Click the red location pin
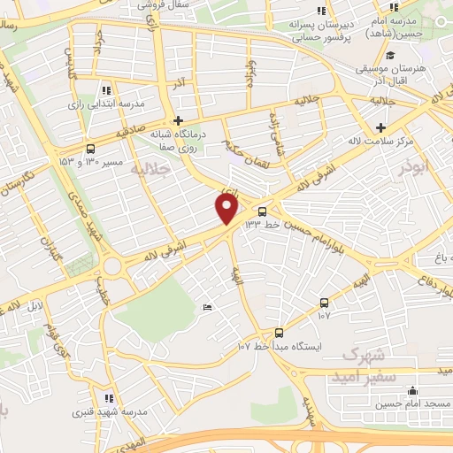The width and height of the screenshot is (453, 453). tap(227, 209)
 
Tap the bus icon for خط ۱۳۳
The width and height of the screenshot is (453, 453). tap(262, 211)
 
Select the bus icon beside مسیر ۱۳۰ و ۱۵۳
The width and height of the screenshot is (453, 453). tap(92, 150)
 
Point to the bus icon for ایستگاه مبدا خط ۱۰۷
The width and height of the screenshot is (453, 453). tap(280, 333)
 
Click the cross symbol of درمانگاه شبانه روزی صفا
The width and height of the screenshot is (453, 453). tap(178, 120)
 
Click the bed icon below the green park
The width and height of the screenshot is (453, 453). tap(207, 307)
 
